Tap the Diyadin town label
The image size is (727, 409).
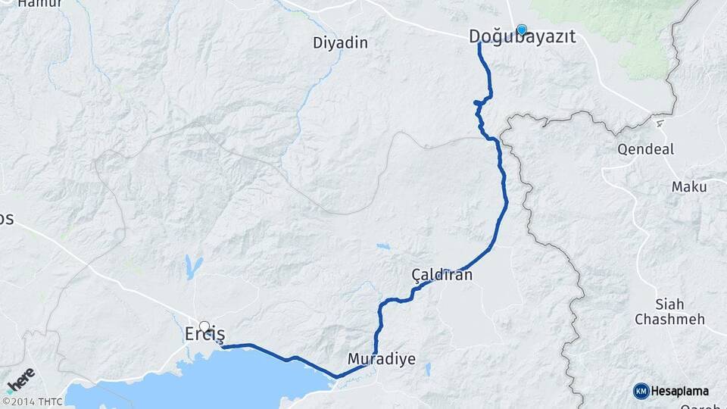pos(340,43)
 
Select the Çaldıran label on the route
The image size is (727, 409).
pos(442,275)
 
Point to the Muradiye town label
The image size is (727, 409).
pos(382,358)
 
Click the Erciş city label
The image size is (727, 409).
pos(205,333)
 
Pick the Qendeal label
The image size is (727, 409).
pos(646,149)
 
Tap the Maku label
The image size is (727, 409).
pos(688,186)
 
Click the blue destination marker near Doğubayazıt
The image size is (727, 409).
pos(521,30)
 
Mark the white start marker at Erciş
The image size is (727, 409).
pos(204,326)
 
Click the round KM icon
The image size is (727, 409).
pos(641,391)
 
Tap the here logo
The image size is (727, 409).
pos(20,379)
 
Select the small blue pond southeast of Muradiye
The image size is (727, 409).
pos(428,369)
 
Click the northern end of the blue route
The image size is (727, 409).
pos(480,45)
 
